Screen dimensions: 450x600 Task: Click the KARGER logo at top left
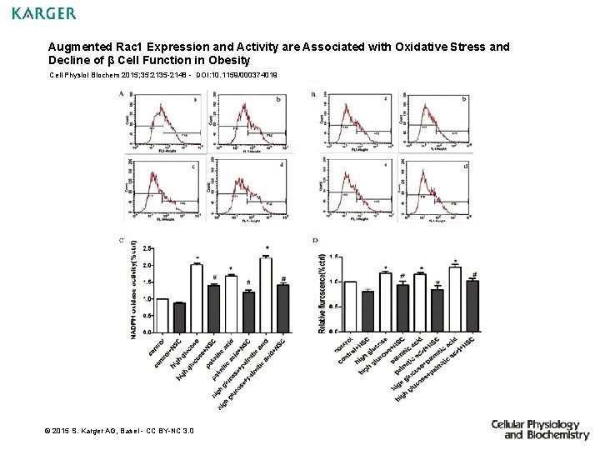click(44, 13)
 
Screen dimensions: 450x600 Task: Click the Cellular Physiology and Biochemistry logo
click(540, 429)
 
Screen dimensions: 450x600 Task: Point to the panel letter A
click(122, 94)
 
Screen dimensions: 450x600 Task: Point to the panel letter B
click(312, 95)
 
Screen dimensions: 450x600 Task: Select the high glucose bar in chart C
click(197, 297)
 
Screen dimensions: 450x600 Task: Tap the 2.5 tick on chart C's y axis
click(147, 248)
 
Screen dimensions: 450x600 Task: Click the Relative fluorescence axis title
click(322, 293)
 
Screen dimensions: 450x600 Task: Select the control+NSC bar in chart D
click(367, 311)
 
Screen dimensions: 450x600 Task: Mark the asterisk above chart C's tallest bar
click(267, 248)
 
